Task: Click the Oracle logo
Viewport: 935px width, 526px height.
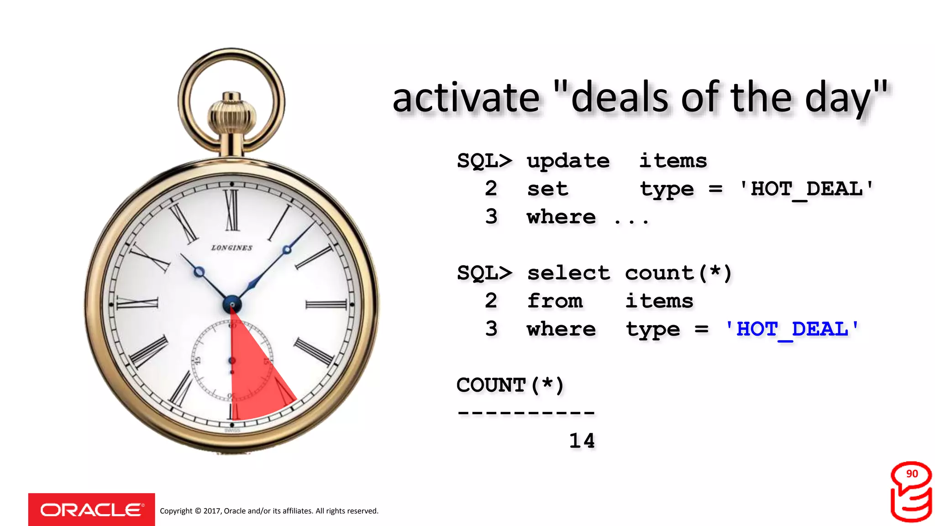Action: pyautogui.click(x=91, y=510)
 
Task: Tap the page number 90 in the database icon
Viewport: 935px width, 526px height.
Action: pyautogui.click(x=912, y=474)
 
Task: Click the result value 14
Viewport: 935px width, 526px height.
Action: pyautogui.click(x=582, y=441)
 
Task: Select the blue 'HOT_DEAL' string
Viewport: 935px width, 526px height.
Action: pyautogui.click(x=792, y=329)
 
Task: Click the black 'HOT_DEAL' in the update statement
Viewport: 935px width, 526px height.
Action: pyautogui.click(x=806, y=189)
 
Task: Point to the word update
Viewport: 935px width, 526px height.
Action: pyautogui.click(x=568, y=161)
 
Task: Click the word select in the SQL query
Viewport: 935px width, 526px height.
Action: pyautogui.click(x=568, y=273)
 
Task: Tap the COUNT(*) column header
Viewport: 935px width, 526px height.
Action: pyautogui.click(x=510, y=385)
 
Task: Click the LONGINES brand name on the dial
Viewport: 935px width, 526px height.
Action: pyautogui.click(x=231, y=248)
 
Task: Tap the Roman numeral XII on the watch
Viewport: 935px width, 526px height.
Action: pyautogui.click(x=232, y=210)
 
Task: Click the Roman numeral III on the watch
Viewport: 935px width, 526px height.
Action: pyautogui.click(x=326, y=305)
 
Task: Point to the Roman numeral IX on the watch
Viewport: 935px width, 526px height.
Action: pyautogui.click(x=137, y=303)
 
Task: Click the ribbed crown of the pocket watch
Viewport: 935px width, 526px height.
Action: pyautogui.click(x=231, y=116)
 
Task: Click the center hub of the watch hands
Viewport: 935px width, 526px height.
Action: pyautogui.click(x=232, y=305)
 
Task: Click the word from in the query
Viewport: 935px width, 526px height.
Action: pyautogui.click(x=554, y=301)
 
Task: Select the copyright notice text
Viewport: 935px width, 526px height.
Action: pyautogui.click(x=269, y=511)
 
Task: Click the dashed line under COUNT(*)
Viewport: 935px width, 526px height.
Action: pyautogui.click(x=526, y=413)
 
